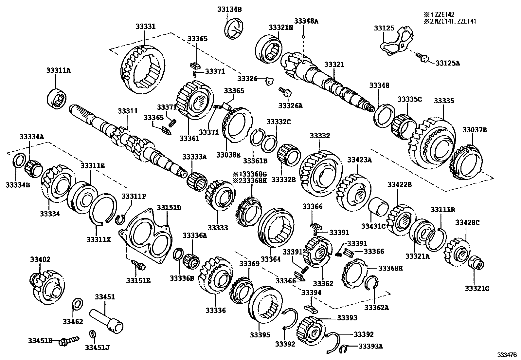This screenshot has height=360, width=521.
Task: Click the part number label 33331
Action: coord(146,26)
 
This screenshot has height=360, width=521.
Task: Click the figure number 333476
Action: coord(509,355)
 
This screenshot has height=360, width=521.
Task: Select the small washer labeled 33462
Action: coord(78,304)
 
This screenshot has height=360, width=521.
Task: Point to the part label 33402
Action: coord(40,259)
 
